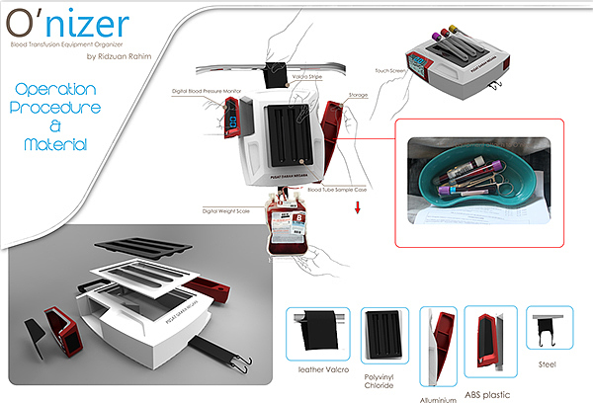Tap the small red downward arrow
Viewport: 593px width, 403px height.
(x=357, y=209)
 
